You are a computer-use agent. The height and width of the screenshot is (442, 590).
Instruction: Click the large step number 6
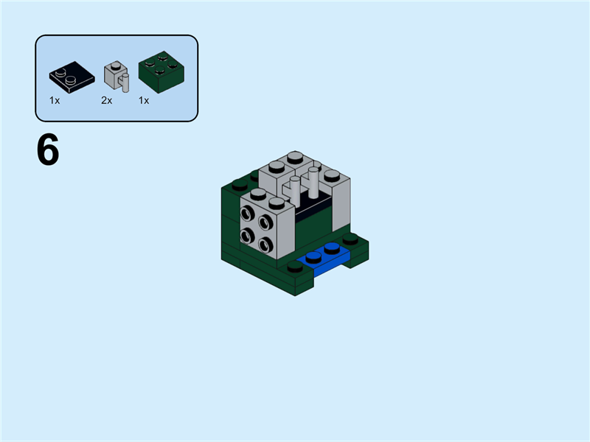(x=48, y=151)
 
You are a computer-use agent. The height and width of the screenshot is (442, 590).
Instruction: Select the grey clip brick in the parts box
(x=115, y=76)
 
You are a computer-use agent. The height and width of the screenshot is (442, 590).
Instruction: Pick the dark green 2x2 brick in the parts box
(x=161, y=73)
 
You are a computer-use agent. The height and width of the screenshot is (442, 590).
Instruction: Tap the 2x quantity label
(x=107, y=100)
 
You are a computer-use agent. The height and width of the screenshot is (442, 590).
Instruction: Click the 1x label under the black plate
(x=55, y=100)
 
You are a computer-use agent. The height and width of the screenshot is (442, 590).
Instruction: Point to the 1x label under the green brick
(x=144, y=100)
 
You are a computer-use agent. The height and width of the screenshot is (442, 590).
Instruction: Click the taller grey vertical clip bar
(x=313, y=184)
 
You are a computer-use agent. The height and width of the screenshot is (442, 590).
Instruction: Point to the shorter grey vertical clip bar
(x=296, y=192)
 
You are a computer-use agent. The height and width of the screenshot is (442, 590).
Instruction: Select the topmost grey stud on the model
(x=294, y=156)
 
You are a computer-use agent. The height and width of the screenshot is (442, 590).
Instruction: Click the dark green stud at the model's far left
(x=238, y=185)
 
